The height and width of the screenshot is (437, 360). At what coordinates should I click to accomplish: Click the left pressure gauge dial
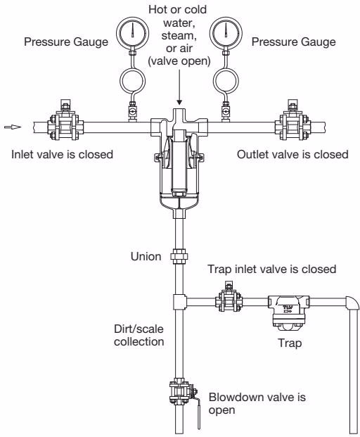tap(132, 33)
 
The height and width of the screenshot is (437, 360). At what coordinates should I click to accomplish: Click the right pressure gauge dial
tap(226, 33)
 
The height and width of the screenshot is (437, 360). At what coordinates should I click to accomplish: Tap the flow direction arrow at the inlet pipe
tap(13, 127)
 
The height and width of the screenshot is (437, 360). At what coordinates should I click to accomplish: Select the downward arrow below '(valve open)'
tap(179, 87)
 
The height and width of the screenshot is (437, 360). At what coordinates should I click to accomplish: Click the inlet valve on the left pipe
tap(65, 122)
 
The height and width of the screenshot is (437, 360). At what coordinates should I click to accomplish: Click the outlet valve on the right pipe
tap(292, 122)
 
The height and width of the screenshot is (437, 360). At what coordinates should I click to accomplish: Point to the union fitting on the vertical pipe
tap(179, 257)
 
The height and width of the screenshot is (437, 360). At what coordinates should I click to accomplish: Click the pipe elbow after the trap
tap(352, 303)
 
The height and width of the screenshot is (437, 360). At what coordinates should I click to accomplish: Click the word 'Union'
tap(146, 256)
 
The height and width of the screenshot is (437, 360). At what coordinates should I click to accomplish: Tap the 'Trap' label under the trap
tap(290, 343)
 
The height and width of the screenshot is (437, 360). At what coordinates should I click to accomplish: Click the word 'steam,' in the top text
tap(177, 36)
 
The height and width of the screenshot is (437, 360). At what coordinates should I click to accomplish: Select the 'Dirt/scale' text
tap(139, 329)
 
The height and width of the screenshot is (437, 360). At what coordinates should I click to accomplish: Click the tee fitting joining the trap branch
tap(179, 302)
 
